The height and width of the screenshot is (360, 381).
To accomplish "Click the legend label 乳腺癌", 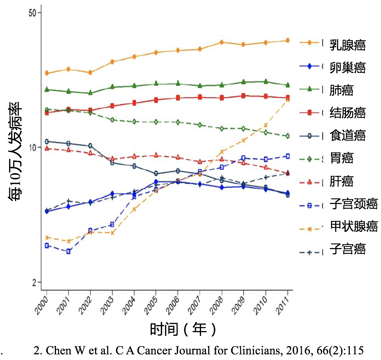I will (348, 45).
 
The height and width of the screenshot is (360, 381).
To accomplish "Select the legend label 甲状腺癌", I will (354, 226).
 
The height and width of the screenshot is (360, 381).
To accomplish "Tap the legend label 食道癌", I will (348, 135).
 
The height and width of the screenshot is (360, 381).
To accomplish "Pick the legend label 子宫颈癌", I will (354, 204).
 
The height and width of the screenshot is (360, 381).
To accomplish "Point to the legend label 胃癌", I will (342, 158).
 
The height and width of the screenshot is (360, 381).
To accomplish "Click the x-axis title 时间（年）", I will (183, 330).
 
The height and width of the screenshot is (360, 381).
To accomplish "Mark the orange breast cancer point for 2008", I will (222, 42).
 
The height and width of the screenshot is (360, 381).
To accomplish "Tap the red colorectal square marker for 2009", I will (243, 96).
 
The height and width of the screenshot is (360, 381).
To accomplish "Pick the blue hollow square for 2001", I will (68, 251).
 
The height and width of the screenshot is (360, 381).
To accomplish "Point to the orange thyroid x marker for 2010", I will (266, 125).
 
